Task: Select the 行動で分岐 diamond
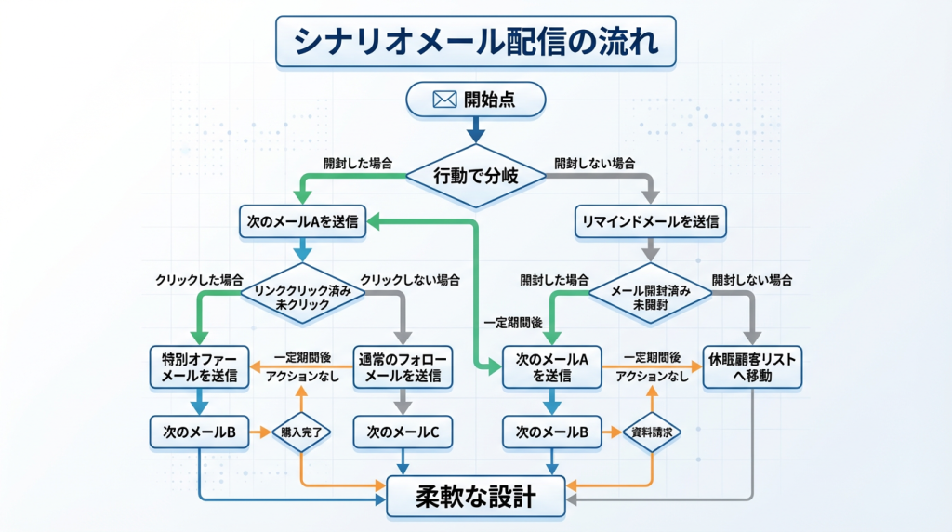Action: tap(475, 174)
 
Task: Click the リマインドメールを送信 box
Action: tap(650, 223)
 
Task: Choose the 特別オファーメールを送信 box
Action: tap(199, 366)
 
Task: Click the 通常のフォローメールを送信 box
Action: tap(403, 366)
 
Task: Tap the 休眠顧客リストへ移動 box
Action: tap(753, 366)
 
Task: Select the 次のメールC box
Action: tap(403, 431)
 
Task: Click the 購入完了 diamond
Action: tap(301, 432)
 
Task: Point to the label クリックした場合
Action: tap(200, 278)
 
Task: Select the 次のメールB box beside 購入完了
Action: tap(199, 431)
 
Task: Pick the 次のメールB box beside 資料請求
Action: tap(552, 431)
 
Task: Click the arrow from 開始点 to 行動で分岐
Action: tap(475, 127)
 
